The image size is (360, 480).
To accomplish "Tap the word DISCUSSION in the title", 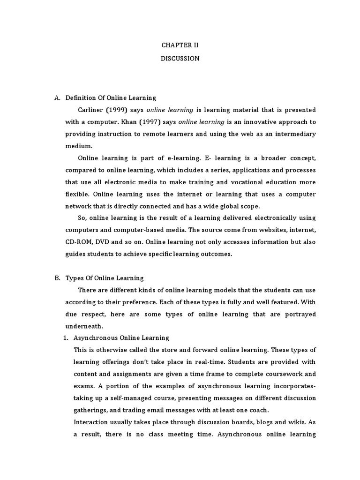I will [180, 59].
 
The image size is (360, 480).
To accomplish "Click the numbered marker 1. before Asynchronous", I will [66, 338].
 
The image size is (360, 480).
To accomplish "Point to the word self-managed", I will [125, 398].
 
